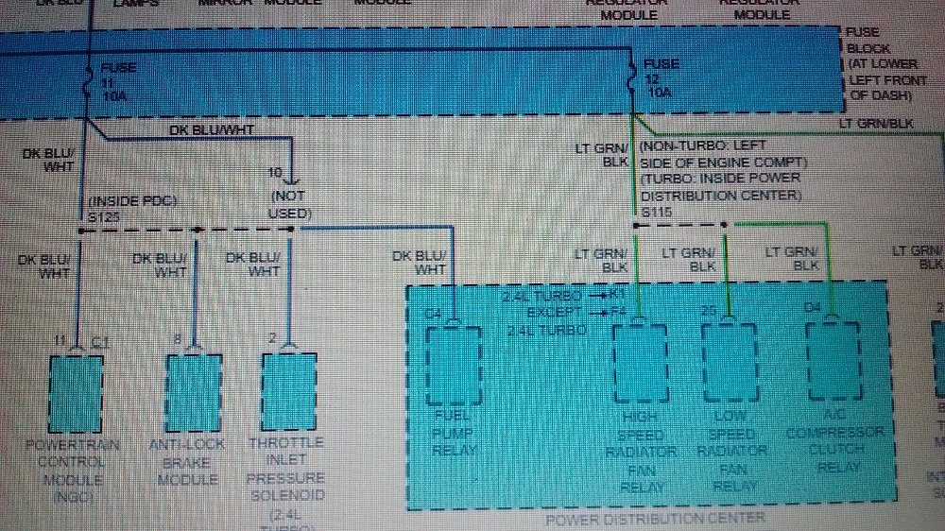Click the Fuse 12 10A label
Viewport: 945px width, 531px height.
tap(661, 79)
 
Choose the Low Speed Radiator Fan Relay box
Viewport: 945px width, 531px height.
tap(728, 363)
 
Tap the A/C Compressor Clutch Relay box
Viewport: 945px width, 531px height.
tap(833, 363)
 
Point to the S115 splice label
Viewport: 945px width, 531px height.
tap(656, 213)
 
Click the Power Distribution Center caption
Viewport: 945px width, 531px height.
tap(655, 518)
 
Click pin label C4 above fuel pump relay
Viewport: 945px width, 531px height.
tap(435, 313)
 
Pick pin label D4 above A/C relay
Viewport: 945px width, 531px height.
tap(813, 307)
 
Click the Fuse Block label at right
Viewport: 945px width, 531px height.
tap(882, 63)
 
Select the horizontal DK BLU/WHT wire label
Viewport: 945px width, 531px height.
tap(211, 130)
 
